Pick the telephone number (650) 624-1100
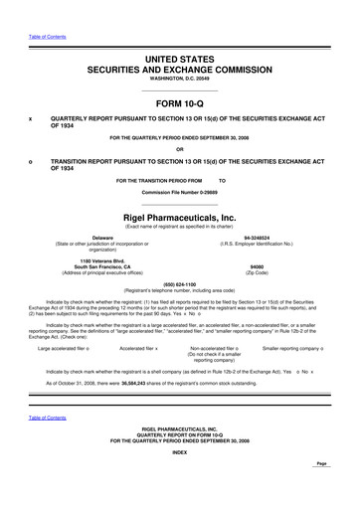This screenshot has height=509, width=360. click(179, 282)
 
